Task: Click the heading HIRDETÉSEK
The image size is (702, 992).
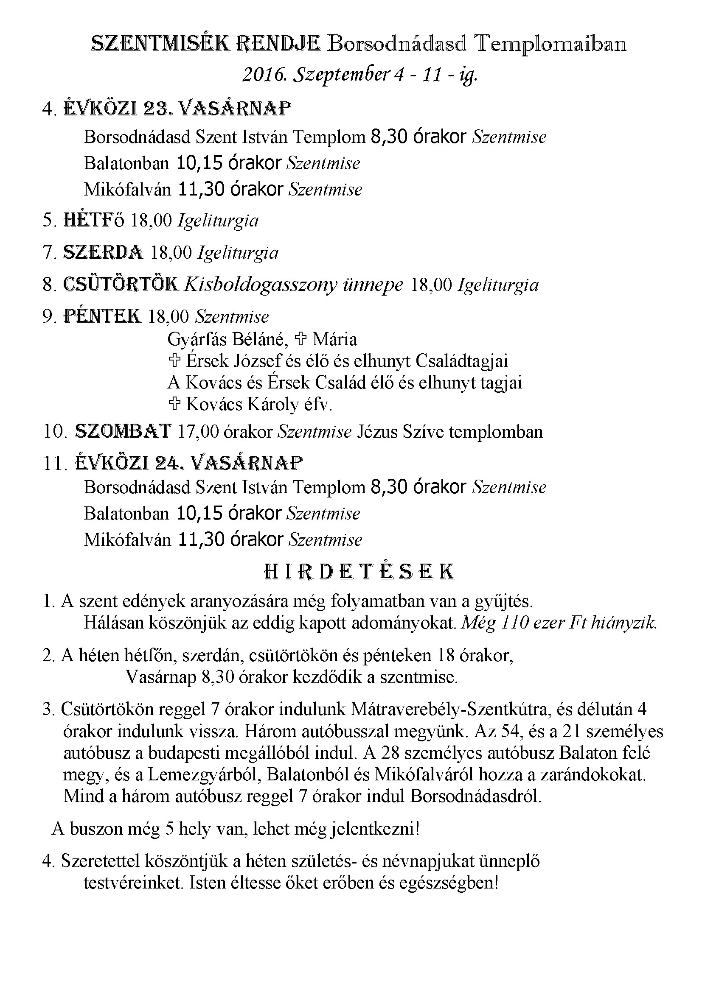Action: coord(359,572)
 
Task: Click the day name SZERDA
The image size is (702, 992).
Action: coord(103,252)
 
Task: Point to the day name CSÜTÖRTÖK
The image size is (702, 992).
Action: coord(121,284)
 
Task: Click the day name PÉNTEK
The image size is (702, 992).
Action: coord(102,316)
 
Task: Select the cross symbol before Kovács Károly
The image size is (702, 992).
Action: coord(174,404)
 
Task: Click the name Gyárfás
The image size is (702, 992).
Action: coord(196,340)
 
